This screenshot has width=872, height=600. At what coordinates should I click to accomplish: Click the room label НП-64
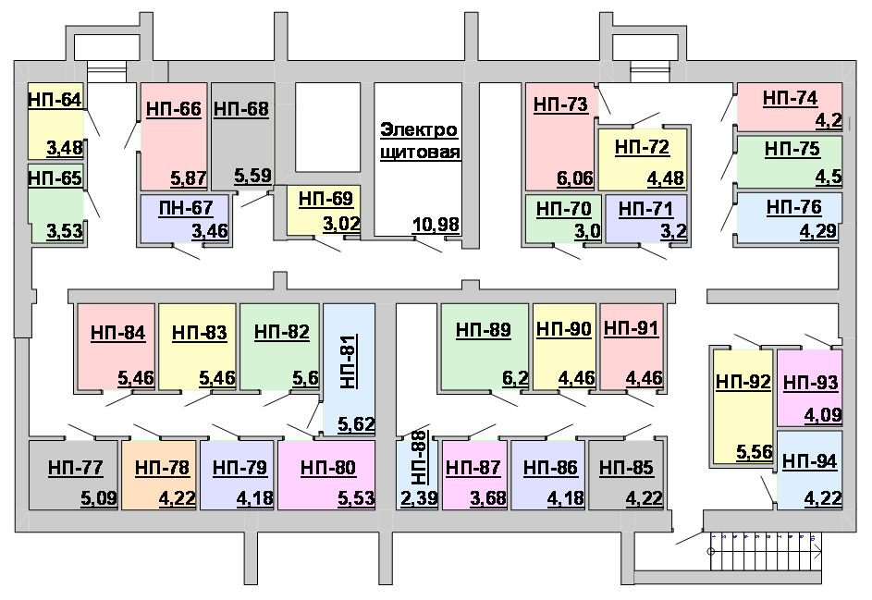click(x=55, y=100)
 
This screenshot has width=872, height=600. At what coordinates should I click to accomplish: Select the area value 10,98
click(x=436, y=225)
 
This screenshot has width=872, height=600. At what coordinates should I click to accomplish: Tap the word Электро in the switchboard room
click(x=419, y=130)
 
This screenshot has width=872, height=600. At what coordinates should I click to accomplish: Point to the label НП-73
click(x=560, y=104)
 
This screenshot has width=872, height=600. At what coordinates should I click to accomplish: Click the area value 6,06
click(x=575, y=178)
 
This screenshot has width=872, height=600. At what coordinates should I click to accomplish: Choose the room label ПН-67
click(x=186, y=208)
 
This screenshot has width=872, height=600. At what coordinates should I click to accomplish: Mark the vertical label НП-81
click(x=348, y=361)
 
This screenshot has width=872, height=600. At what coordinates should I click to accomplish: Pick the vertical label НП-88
click(x=420, y=457)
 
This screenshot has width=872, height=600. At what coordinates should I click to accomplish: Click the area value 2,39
click(x=419, y=498)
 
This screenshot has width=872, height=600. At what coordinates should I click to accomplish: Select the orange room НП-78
click(x=159, y=475)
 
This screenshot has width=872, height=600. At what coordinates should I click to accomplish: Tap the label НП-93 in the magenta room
click(x=810, y=383)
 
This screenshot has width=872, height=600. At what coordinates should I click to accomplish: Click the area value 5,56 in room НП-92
click(x=755, y=452)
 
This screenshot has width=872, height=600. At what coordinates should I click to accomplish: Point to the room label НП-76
click(x=793, y=207)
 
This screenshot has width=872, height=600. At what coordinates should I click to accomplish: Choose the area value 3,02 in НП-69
click(x=341, y=224)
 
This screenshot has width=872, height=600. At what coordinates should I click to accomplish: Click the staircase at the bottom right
click(x=766, y=551)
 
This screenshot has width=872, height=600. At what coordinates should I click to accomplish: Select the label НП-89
click(x=484, y=330)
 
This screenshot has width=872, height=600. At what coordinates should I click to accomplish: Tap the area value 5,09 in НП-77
click(x=99, y=498)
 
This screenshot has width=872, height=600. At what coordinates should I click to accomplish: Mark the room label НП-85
click(x=626, y=468)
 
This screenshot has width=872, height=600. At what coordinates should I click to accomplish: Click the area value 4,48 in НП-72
click(x=665, y=178)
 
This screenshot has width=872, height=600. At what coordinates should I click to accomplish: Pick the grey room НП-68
click(x=243, y=136)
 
